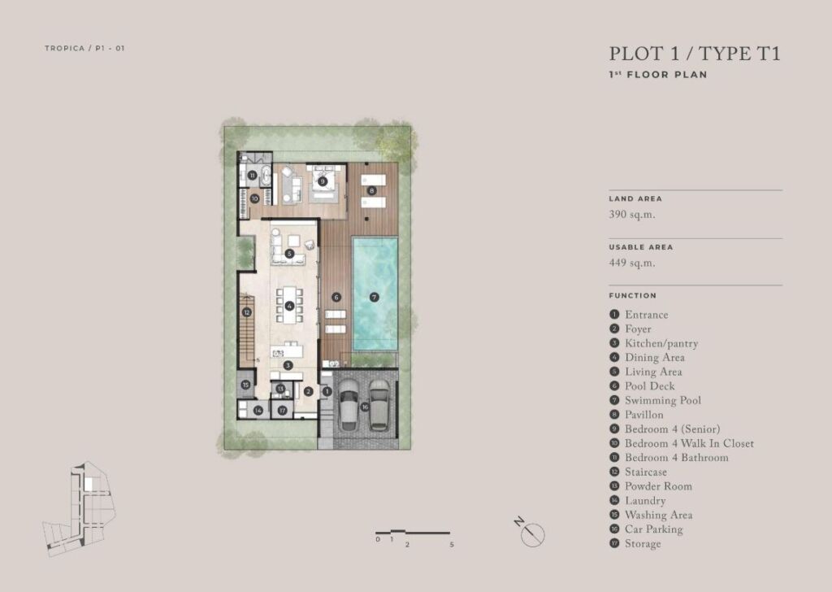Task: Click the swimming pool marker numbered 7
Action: click(x=374, y=298)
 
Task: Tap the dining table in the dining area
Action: click(x=289, y=305)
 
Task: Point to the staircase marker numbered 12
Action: click(x=247, y=313)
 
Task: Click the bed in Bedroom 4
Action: click(x=323, y=181)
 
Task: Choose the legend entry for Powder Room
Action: click(x=651, y=486)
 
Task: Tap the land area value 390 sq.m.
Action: click(x=632, y=215)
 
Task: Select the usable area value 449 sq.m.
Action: click(x=632, y=263)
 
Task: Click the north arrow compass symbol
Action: click(x=532, y=534)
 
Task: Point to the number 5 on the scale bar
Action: click(x=452, y=545)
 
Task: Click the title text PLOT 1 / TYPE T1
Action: click(x=695, y=54)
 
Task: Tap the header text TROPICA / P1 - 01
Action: click(x=84, y=48)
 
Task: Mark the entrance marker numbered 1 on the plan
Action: click(x=327, y=391)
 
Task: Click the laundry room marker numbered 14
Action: click(x=258, y=411)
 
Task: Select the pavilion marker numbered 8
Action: click(x=372, y=190)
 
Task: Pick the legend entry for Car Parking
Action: click(x=646, y=529)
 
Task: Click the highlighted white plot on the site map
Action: click(x=89, y=484)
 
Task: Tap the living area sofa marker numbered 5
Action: click(x=289, y=254)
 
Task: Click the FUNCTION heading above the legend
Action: click(x=632, y=296)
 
